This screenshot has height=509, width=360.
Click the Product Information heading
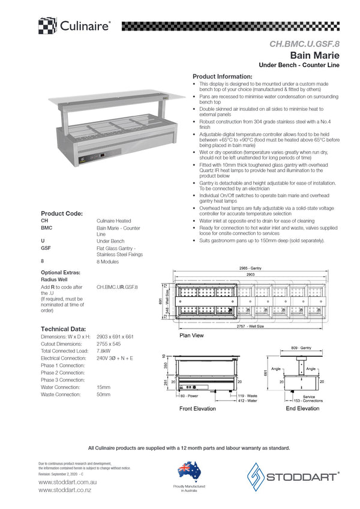(222, 77)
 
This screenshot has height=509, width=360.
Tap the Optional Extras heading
(60, 272)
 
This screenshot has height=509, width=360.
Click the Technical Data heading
(63, 329)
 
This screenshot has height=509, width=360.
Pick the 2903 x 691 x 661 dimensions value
(116, 337)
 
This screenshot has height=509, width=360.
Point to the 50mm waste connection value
(103, 394)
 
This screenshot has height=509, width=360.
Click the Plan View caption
(191, 335)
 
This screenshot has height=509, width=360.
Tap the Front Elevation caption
(197, 408)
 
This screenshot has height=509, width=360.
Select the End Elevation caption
(303, 408)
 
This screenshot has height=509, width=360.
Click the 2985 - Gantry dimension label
(250, 269)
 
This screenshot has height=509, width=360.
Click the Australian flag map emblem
(188, 471)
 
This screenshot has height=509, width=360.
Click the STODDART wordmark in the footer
(303, 478)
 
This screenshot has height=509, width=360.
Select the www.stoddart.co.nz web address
(64, 489)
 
